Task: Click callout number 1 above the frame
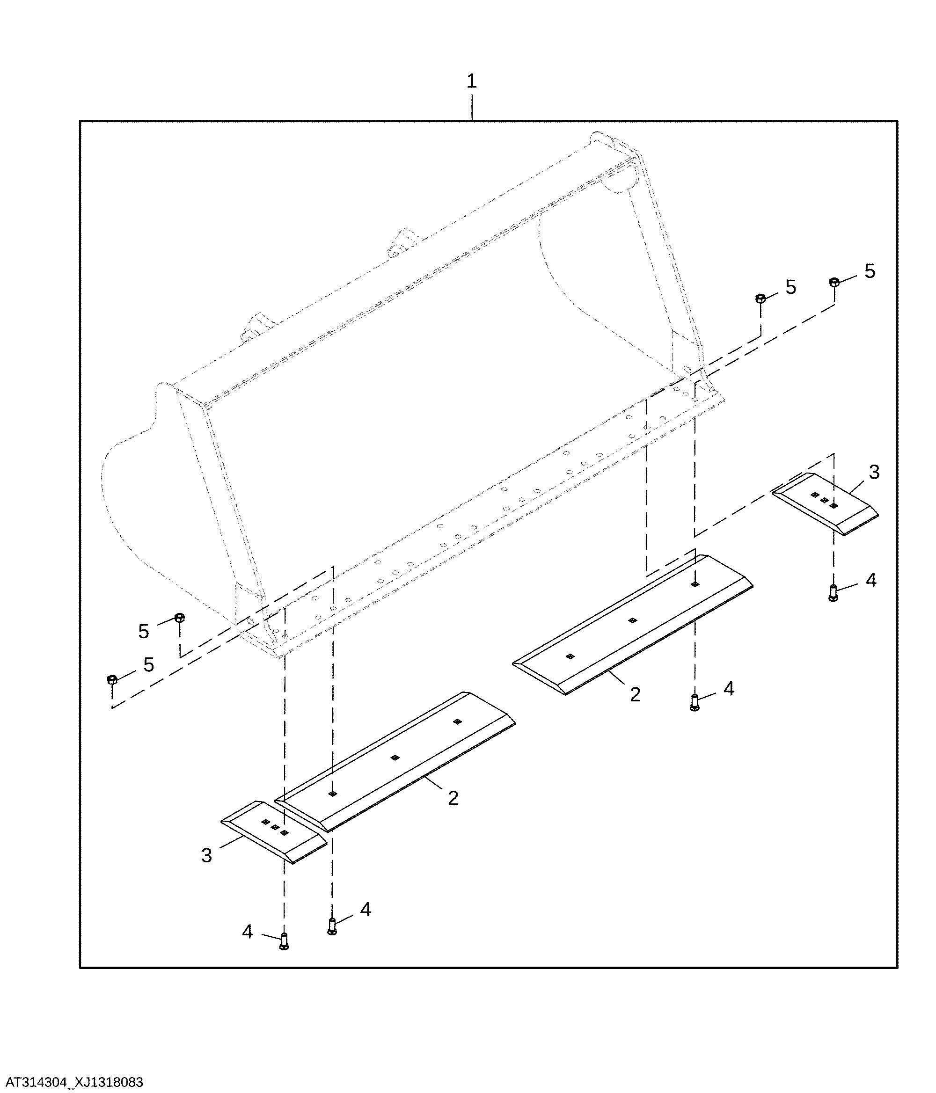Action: pos(472,81)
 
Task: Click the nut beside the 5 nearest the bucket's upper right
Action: pos(761,299)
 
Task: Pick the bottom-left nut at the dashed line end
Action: pos(112,679)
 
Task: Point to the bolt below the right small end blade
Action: pos(834,593)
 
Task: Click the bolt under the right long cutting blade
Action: pos(695,702)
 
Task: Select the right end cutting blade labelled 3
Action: pos(825,504)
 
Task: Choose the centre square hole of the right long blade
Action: pos(633,620)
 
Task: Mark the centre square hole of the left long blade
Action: pos(395,758)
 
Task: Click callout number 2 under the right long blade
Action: pos(635,694)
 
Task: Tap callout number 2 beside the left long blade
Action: pos(453,798)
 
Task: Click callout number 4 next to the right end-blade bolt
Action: pos(871,580)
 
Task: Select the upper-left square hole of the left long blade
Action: pos(457,721)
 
